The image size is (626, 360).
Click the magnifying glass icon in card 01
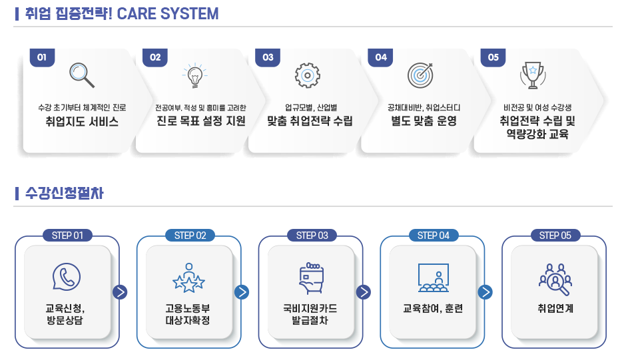(x=82, y=75)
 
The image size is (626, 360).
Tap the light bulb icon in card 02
(x=195, y=75)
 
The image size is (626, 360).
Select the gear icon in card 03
(x=308, y=75)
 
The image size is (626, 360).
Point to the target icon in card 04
(x=420, y=75)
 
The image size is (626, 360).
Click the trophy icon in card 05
(x=533, y=75)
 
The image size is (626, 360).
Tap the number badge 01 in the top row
(x=42, y=57)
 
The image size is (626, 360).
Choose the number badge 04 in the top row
(x=380, y=57)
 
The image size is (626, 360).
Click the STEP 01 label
(x=67, y=236)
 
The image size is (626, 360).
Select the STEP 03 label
(x=312, y=236)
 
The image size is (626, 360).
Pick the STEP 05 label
(x=555, y=236)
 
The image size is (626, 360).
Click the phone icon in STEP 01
(x=67, y=277)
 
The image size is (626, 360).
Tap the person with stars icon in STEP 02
(x=189, y=277)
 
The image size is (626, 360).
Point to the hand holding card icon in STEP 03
(x=312, y=277)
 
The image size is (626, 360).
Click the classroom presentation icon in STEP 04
(x=434, y=277)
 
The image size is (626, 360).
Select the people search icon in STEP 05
(x=555, y=279)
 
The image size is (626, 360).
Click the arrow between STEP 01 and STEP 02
(x=120, y=292)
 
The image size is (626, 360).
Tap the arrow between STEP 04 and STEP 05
(x=485, y=292)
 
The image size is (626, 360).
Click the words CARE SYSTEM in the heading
(x=168, y=14)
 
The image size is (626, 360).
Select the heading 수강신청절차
(x=65, y=193)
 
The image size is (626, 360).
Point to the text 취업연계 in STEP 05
(x=555, y=309)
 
